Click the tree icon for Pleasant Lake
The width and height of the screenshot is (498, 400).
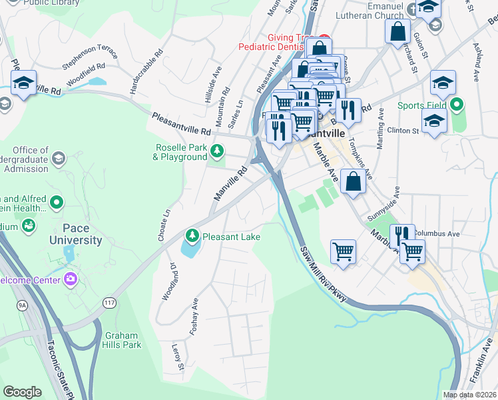(192, 235)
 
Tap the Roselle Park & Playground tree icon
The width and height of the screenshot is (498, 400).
(216, 149)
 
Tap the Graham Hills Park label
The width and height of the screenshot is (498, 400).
(122, 341)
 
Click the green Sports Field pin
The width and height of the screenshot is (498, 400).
(456, 105)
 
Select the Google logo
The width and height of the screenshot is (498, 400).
(23, 391)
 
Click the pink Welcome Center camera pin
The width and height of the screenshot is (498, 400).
(71, 279)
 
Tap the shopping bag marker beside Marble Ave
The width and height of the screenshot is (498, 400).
(352, 181)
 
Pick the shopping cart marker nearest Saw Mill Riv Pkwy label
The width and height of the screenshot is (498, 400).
(344, 252)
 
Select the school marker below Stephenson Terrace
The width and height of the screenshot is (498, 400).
(23, 84)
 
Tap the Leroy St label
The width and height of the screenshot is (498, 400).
(178, 357)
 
